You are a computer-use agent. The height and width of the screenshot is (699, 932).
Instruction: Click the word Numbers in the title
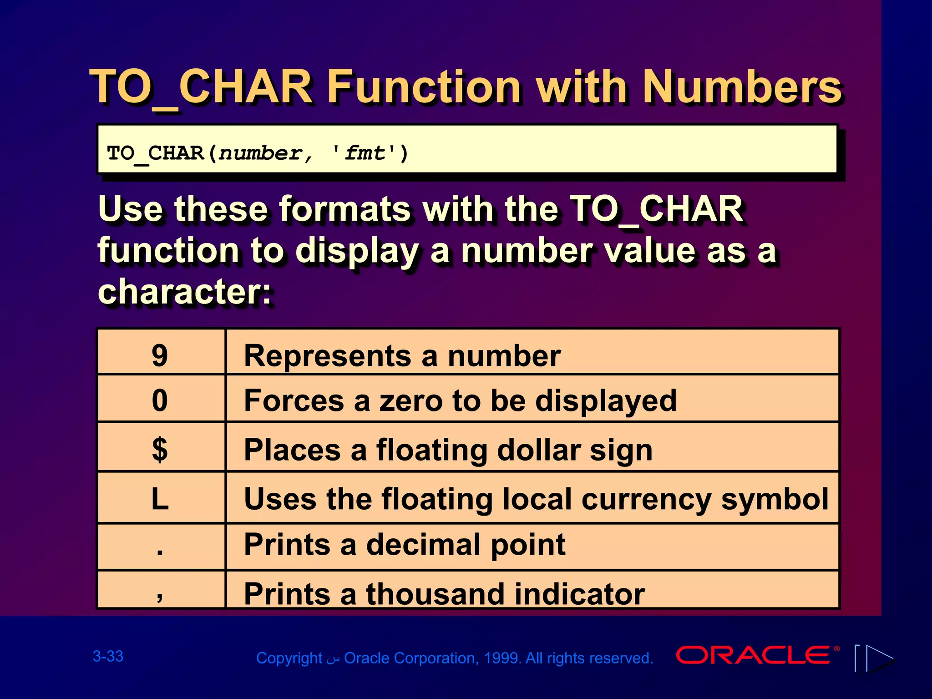(x=742, y=86)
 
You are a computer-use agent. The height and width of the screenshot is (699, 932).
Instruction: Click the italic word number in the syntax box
(x=260, y=153)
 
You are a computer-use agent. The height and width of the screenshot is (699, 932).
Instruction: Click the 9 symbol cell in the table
(x=160, y=355)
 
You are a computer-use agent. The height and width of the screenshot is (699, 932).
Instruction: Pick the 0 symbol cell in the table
(x=160, y=400)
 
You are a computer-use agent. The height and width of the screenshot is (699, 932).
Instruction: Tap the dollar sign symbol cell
(x=160, y=450)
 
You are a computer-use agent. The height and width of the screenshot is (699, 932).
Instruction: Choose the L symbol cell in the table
(x=160, y=499)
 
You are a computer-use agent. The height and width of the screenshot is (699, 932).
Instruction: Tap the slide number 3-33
(x=108, y=656)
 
